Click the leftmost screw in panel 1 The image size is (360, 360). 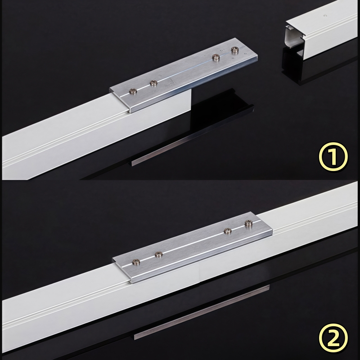pos(133,91)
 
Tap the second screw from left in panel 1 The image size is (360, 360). pos(153,83)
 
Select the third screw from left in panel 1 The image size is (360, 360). pos(216,57)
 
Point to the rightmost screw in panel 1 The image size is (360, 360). pos(235,49)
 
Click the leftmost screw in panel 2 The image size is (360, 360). pos(136,261)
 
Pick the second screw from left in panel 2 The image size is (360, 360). pos(159,254)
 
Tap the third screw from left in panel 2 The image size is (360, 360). pos(228,230)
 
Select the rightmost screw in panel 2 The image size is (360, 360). pos(248,223)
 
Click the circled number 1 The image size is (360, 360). pos(333,157)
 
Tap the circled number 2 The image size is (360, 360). pos(333,338)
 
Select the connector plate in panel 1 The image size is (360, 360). pos(184,76)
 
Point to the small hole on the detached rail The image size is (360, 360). pos(324,16)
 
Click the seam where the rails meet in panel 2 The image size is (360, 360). pos(200,274)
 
